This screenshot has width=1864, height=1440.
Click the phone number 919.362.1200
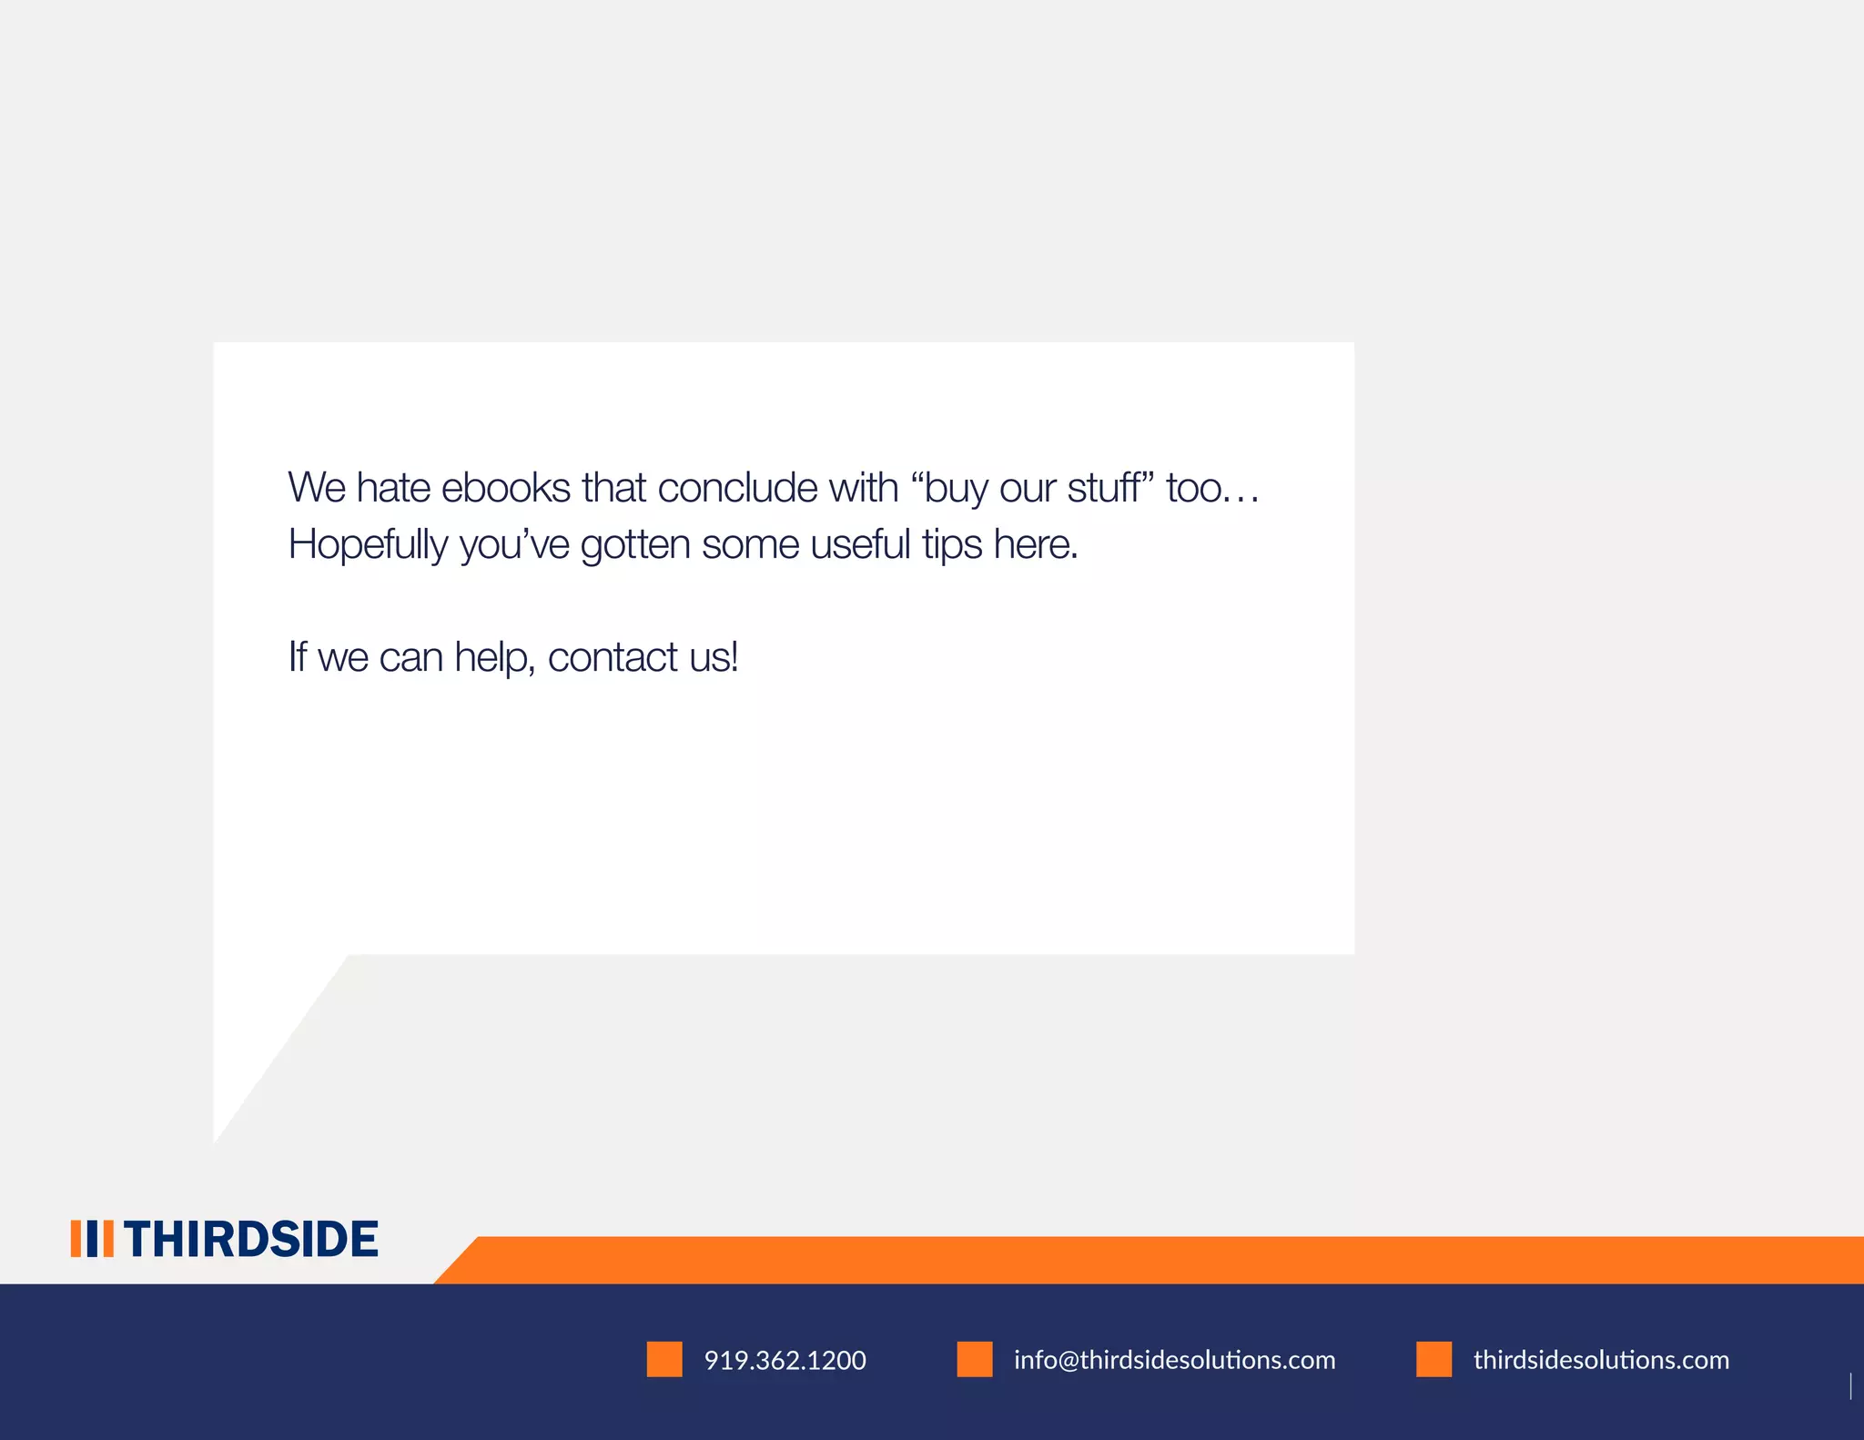pyautogui.click(x=785, y=1360)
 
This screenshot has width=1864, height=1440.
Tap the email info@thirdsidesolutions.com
pyautogui.click(x=1174, y=1360)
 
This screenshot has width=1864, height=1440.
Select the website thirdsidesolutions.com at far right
pyautogui.click(x=1601, y=1360)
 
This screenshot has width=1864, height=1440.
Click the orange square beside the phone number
pyautogui.click(x=664, y=1359)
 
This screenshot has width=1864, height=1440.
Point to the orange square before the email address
pyautogui.click(x=975, y=1359)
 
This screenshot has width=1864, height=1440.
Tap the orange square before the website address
pyautogui.click(x=1433, y=1359)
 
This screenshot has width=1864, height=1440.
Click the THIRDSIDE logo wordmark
pyautogui.click(x=250, y=1239)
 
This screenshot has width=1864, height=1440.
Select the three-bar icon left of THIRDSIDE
pyautogui.click(x=92, y=1239)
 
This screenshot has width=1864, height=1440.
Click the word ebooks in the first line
pyautogui.click(x=505, y=488)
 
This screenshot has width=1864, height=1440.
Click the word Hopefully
pyautogui.click(x=368, y=546)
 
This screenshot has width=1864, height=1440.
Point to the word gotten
pyautogui.click(x=635, y=544)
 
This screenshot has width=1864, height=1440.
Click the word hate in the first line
pyautogui.click(x=393, y=488)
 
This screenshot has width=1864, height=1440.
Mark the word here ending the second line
pyautogui.click(x=1035, y=544)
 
